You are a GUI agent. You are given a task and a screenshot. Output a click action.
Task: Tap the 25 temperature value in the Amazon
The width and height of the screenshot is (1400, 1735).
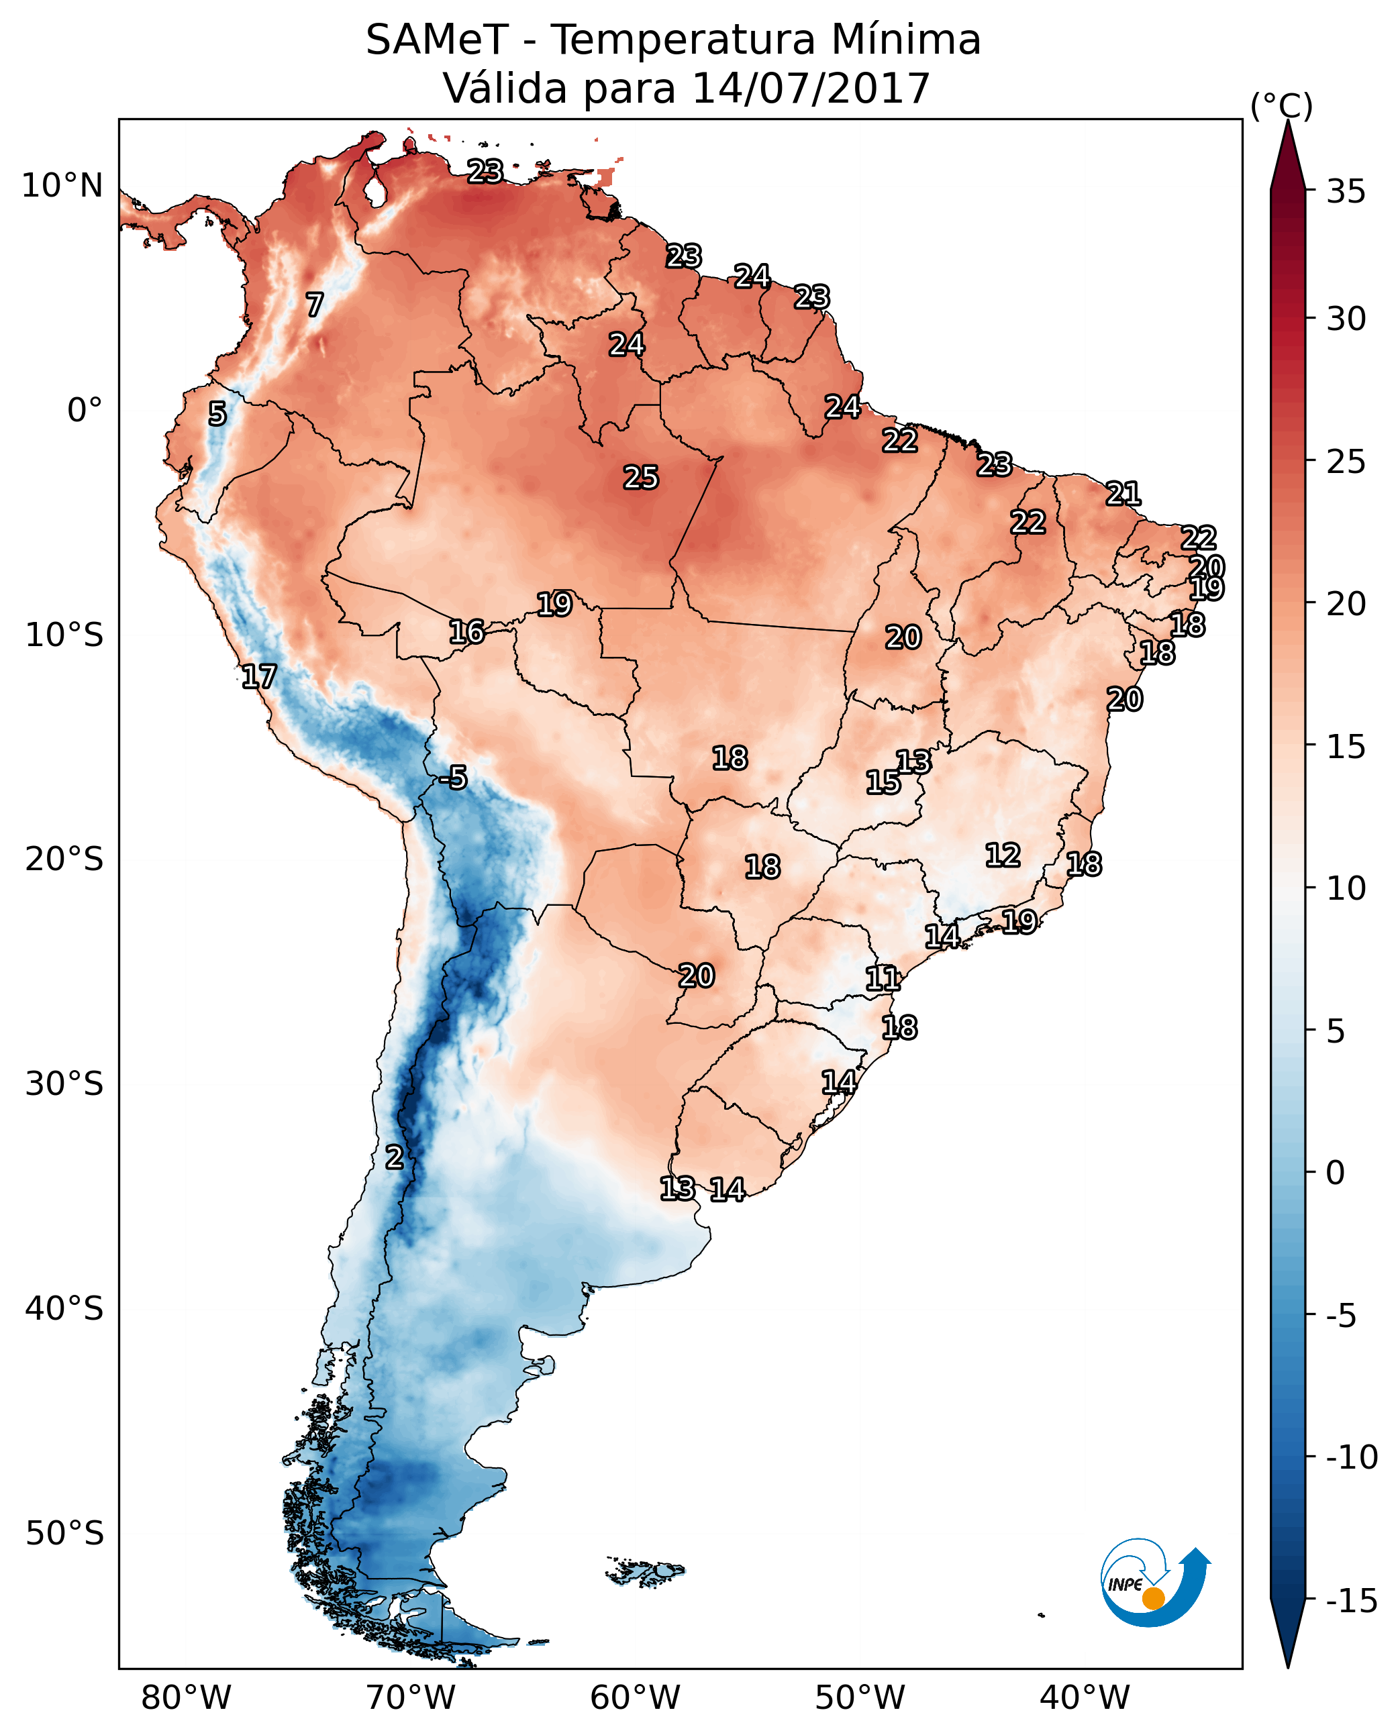point(641,478)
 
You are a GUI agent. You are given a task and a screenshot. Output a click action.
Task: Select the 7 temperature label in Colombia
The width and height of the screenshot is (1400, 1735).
point(315,305)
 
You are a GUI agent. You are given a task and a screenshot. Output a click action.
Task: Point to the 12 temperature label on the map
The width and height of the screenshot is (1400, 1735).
point(1003,855)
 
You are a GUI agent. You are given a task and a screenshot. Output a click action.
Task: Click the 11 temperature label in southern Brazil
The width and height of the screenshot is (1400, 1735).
point(883,980)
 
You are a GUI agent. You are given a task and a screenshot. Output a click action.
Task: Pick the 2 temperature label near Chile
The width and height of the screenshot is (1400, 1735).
point(393,1158)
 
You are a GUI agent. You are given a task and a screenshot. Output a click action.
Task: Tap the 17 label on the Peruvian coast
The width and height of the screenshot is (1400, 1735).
point(259,677)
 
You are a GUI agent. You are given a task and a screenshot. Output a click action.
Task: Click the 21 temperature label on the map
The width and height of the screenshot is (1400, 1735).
point(1123,493)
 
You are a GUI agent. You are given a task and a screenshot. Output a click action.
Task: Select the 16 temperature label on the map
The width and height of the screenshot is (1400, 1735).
point(467,633)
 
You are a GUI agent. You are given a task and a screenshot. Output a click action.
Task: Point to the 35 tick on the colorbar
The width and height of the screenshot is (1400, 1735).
point(1346,192)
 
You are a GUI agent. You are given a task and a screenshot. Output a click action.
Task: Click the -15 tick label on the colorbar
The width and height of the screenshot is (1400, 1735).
point(1351,1601)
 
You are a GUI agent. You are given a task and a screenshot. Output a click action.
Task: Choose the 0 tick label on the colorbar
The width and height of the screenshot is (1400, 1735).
point(1336,1173)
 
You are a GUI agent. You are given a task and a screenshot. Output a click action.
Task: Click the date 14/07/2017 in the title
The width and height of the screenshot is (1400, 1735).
point(811,88)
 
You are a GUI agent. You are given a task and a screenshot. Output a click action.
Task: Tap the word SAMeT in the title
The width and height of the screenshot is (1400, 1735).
point(437,40)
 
